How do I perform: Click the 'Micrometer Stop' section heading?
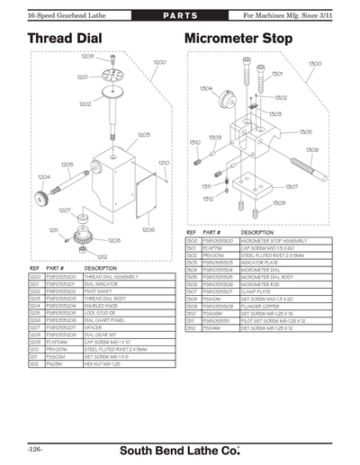pos(238,40)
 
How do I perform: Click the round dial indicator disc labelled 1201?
pos(112,77)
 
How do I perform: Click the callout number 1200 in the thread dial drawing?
pos(160,62)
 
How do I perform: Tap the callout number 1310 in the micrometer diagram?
pos(194,142)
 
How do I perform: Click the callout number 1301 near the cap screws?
pos(277,74)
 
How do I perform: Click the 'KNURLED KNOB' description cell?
pos(103,305)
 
